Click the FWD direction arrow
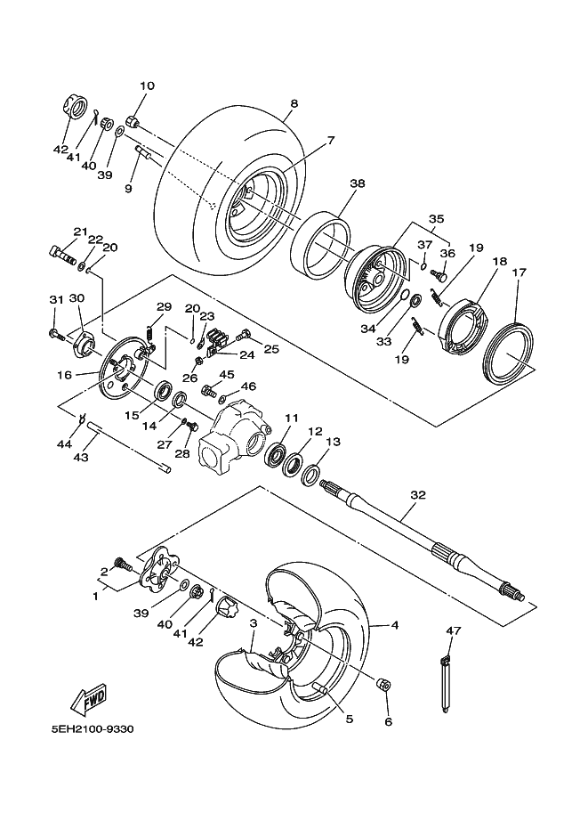point(90,700)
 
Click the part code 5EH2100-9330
point(93,728)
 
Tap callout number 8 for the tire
point(294,103)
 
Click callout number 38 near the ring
point(356,184)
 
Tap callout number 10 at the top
point(146,86)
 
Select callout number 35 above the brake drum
point(436,217)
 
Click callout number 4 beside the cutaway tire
point(394,625)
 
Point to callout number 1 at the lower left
point(95,596)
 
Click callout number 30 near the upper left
point(77,298)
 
